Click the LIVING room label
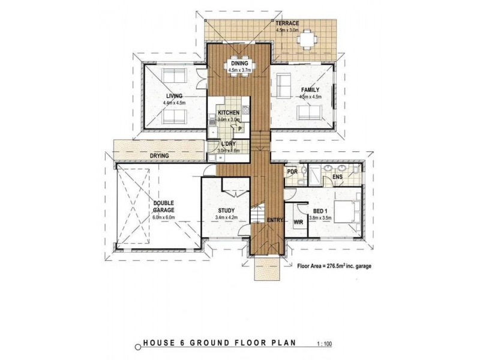click(175, 96)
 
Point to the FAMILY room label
click(311, 90)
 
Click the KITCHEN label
click(229, 113)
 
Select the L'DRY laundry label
click(228, 145)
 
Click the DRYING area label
click(159, 156)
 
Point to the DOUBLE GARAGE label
click(163, 207)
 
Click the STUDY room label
click(226, 211)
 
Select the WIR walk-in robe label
click(298, 222)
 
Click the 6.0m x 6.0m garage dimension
click(163, 218)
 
